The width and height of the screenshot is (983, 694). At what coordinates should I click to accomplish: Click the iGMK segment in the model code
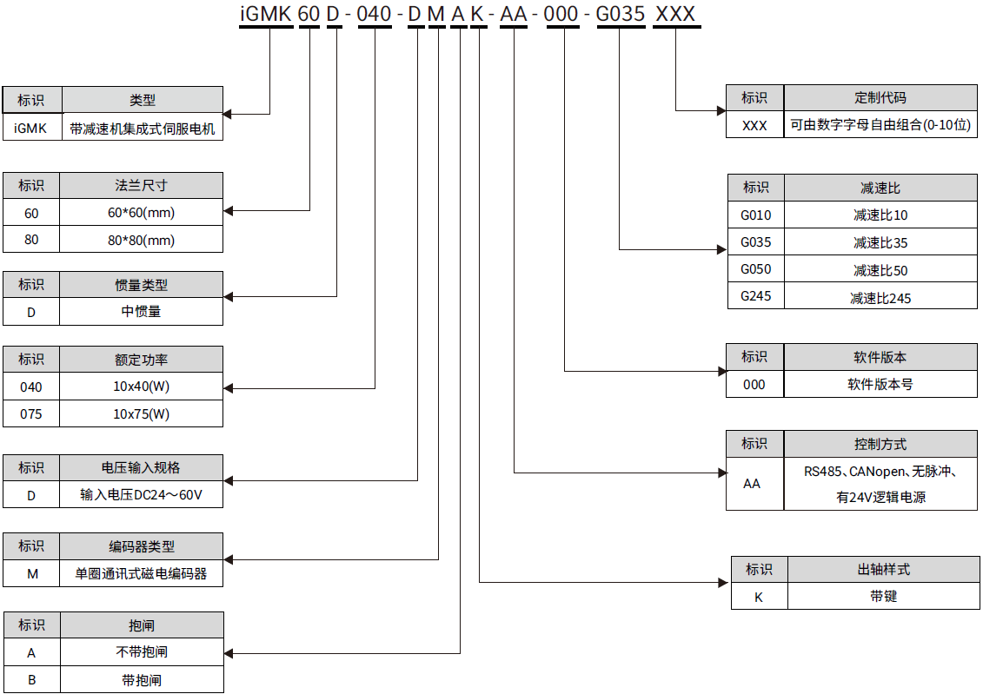(266, 15)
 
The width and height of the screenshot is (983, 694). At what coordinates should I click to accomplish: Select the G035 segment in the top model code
(620, 15)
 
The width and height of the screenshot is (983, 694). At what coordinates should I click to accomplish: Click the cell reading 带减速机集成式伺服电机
(142, 129)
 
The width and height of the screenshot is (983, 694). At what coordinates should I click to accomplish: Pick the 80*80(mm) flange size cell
(142, 240)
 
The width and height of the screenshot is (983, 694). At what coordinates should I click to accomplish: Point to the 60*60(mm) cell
(142, 213)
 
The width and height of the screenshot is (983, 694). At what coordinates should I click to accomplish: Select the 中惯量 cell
(142, 312)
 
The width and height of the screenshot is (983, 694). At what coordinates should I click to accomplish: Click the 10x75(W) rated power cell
(142, 414)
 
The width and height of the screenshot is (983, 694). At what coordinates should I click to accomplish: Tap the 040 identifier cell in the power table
(31, 387)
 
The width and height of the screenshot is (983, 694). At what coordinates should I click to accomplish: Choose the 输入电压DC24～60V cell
(142, 495)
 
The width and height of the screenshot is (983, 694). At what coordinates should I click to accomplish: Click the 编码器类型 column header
(142, 546)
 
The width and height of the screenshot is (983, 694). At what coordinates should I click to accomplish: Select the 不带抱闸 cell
(142, 652)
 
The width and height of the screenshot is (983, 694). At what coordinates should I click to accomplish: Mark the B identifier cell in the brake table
(31, 679)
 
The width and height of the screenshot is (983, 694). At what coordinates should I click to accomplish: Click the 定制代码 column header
(880, 98)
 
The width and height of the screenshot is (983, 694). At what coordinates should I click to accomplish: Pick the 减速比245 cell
(880, 298)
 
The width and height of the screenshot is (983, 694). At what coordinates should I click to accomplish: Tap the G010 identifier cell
(755, 215)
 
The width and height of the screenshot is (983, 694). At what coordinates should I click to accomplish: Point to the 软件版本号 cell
(880, 384)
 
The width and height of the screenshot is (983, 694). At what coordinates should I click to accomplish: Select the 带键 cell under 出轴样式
(883, 597)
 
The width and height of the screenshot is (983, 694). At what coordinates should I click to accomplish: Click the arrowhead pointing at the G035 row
(721, 249)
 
